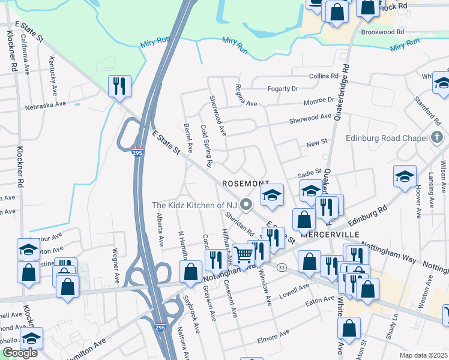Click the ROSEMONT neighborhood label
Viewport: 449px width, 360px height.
[244, 183]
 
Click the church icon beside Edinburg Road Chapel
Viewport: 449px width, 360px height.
[438, 139]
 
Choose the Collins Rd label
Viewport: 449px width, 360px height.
[324, 76]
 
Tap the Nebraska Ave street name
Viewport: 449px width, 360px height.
[45, 106]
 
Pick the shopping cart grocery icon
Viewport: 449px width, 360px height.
[244, 255]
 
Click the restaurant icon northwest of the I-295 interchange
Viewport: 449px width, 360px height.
[119, 86]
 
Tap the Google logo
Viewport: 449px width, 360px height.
[20, 353]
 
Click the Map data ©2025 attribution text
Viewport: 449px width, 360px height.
[423, 355]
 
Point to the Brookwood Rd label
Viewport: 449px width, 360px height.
[383, 32]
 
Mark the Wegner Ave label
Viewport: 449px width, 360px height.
[113, 266]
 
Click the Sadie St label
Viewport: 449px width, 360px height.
[310, 174]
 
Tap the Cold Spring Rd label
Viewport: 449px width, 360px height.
[206, 146]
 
